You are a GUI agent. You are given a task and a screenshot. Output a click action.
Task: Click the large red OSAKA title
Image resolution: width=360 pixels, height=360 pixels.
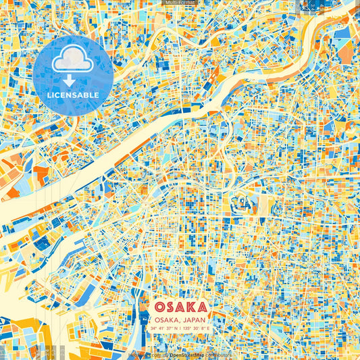tap(180, 305)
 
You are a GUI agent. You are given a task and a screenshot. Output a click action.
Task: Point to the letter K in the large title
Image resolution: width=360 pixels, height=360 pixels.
tap(190, 305)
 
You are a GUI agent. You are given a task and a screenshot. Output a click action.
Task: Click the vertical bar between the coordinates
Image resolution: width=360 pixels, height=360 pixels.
tap(181, 328)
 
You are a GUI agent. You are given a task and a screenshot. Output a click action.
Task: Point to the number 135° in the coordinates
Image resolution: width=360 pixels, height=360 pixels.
tap(187, 328)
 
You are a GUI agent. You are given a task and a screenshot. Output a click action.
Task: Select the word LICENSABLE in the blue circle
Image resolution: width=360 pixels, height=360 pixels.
tap(73, 95)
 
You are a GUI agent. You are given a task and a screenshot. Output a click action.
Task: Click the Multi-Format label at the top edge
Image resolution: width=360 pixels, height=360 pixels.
tap(180, 3)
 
